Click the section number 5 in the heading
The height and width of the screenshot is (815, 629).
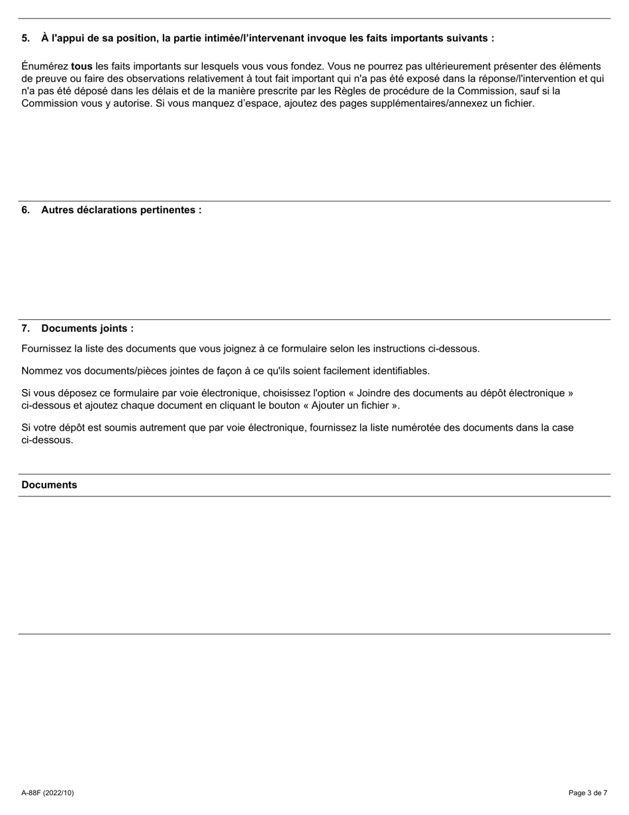[x=25, y=38]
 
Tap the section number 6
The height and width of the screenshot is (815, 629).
[x=25, y=210]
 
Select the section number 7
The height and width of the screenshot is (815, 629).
[x=25, y=329]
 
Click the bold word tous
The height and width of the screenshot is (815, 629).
[x=81, y=66]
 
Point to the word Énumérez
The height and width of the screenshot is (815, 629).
[x=44, y=66]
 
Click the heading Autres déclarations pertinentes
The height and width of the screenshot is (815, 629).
[x=121, y=210]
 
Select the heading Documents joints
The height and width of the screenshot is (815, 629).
[x=87, y=329]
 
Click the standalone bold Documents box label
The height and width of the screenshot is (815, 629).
[x=49, y=485]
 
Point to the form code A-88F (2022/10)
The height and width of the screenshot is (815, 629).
[x=48, y=792]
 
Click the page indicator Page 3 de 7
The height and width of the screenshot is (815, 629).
[x=588, y=792]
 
